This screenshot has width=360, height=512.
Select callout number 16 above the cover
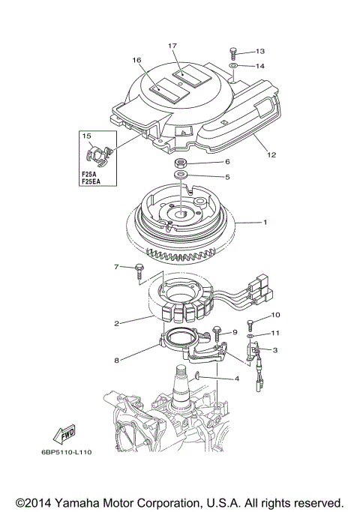137,60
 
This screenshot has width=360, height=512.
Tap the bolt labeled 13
232,52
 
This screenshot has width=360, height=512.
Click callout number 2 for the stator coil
117,325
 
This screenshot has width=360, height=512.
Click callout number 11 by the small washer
275,332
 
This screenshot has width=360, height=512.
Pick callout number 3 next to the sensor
275,349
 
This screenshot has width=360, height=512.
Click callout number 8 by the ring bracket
117,361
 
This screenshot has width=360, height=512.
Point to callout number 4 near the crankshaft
236,379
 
